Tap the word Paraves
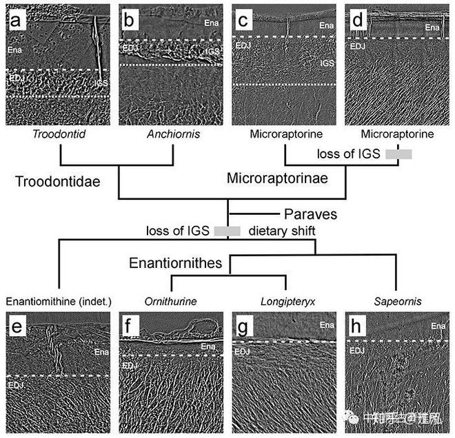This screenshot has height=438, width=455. point(310,212)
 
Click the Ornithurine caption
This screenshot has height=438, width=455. point(170,302)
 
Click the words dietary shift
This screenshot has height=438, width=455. point(282,230)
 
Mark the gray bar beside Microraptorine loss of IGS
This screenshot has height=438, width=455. point(398,155)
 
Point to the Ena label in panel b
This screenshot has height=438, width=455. point(211,23)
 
